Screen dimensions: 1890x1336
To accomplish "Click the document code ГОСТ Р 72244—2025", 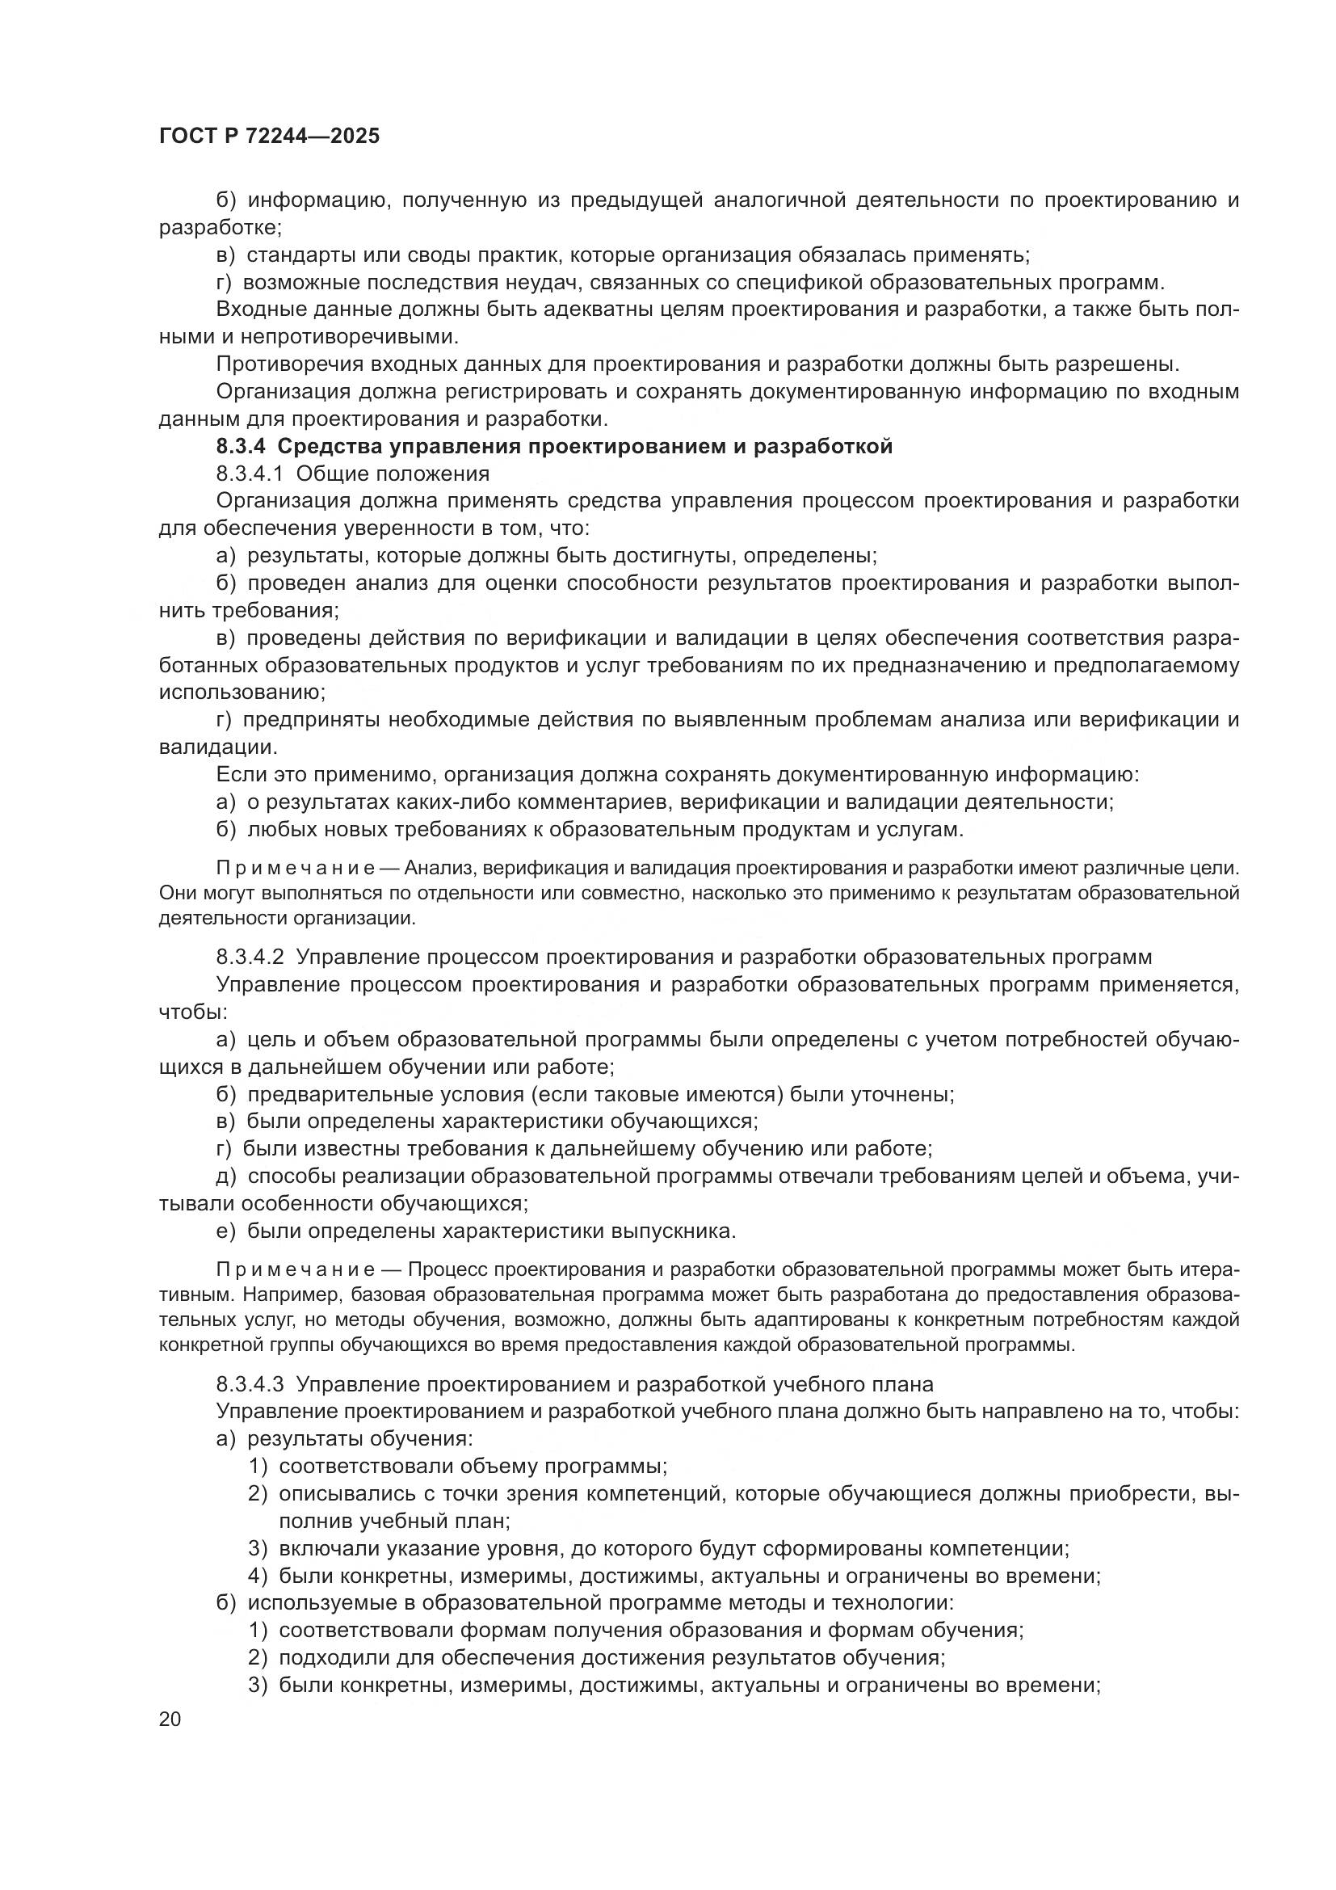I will [x=269, y=136].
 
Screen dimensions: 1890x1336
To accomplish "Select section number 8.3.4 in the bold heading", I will [x=241, y=447].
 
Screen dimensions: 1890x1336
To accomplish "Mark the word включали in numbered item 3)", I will [x=324, y=1548].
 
